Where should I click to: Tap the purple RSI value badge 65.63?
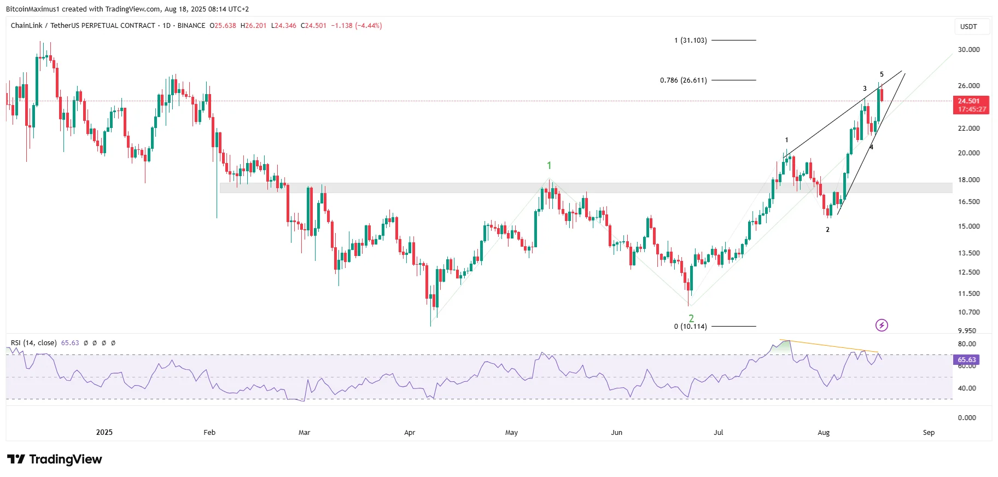point(966,359)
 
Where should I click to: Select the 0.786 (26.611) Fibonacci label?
point(683,80)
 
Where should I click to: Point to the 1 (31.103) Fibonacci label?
point(690,40)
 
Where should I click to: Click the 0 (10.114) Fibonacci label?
point(690,327)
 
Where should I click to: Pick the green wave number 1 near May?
point(549,165)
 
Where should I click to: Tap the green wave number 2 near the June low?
point(691,318)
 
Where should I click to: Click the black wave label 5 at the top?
point(882,74)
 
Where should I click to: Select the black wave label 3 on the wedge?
point(865,89)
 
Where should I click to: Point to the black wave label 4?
point(871,147)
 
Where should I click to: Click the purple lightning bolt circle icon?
point(882,325)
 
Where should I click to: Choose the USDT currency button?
point(968,27)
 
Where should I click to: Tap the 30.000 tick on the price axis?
point(968,50)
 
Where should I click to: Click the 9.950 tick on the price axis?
point(967,331)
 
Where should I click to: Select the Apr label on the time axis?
point(410,433)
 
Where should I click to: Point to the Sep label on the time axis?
point(929,433)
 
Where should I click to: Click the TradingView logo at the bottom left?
point(55,459)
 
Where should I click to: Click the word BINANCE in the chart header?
point(191,26)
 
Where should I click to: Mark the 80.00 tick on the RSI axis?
point(967,344)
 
